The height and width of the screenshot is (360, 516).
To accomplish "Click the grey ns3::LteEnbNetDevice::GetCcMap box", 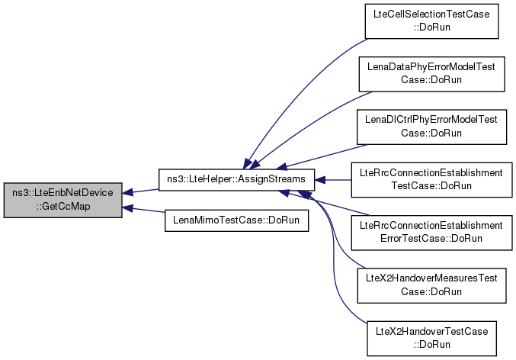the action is [62, 200].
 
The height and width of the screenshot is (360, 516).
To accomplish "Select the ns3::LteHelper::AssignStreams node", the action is [236, 179].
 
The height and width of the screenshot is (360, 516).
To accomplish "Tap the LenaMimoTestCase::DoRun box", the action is [236, 220].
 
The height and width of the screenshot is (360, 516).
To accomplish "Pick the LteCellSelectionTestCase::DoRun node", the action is [431, 21].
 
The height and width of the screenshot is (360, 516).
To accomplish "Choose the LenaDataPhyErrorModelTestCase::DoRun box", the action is [431, 74].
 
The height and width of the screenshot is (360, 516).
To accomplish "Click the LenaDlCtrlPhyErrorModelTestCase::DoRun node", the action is [431, 127].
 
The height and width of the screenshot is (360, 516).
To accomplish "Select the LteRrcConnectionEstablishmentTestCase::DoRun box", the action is [431, 180].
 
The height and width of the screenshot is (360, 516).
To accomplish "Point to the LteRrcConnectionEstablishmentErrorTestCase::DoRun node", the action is [431, 233].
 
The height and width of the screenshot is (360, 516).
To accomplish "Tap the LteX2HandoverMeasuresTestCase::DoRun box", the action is [431, 285].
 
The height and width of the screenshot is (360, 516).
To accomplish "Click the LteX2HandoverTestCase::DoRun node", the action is [431, 338].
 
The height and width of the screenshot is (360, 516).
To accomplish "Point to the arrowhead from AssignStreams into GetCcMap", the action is [127, 191].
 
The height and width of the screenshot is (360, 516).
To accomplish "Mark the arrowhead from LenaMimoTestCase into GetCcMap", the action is [127, 208].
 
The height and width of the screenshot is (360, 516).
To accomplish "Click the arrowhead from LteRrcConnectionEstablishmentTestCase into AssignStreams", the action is [320, 180].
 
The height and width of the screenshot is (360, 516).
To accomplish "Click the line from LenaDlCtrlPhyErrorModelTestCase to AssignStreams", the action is [326, 155].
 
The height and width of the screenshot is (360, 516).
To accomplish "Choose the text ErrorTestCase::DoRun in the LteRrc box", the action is [431, 239].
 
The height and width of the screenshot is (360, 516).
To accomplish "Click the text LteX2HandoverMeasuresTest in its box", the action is [431, 278].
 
